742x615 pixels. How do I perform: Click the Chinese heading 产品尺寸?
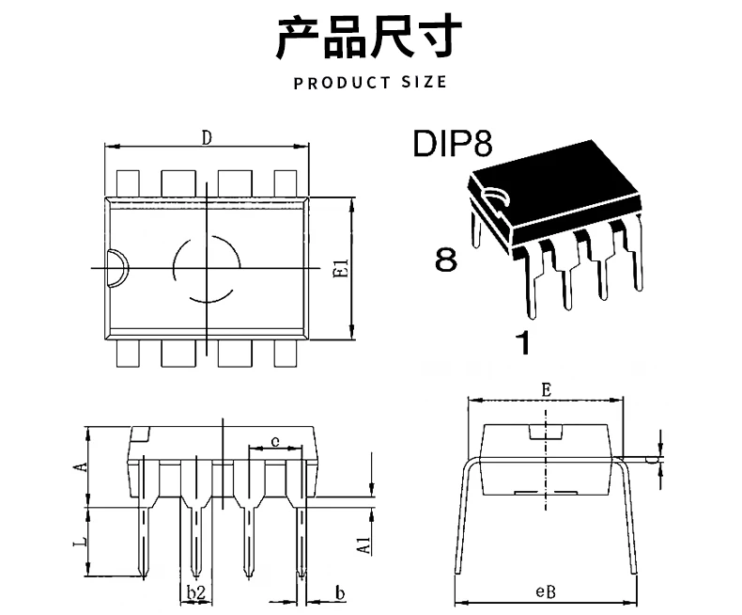370,38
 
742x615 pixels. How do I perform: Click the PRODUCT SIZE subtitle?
370,83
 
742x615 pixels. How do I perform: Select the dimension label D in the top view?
206,137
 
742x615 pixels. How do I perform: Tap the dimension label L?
81,543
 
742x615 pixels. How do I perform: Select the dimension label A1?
363,543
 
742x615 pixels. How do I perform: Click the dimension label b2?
195,591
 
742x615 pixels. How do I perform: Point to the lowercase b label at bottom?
340,591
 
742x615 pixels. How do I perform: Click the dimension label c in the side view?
274,440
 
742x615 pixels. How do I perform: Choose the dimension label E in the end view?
546,387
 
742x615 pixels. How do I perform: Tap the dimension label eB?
546,591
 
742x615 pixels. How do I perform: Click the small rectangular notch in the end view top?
546,432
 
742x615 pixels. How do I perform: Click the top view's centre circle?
207,269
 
